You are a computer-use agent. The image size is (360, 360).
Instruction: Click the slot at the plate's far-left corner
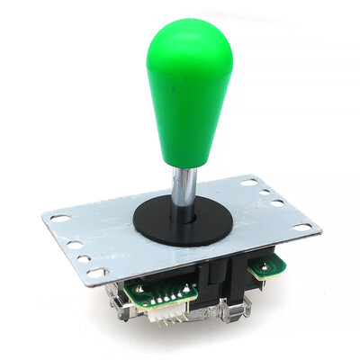[x=58, y=217]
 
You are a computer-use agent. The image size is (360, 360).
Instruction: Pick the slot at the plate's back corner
[x=247, y=183]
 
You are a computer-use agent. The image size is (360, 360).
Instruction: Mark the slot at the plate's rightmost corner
[x=302, y=228]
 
